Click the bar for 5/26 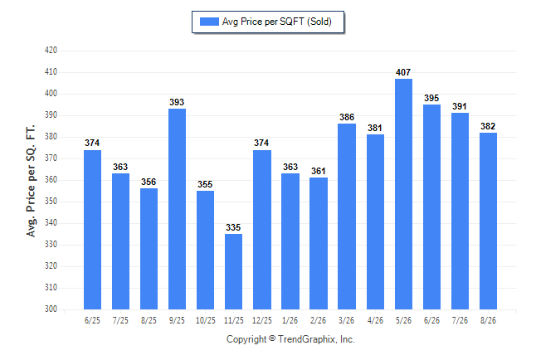(x=403, y=194)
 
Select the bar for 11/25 (x=233, y=271)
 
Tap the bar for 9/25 (x=177, y=209)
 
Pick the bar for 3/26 (x=347, y=216)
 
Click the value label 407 (x=403, y=72)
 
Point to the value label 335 (x=233, y=227)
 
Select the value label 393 (x=177, y=102)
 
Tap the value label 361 (x=319, y=171)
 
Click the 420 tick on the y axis (x=51, y=51)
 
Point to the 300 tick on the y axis (x=51, y=309)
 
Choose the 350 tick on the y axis (x=51, y=201)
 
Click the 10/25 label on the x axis (x=206, y=320)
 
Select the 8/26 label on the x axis (x=488, y=320)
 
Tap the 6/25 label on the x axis (x=92, y=320)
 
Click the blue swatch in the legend (x=209, y=22)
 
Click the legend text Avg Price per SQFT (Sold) (x=277, y=22)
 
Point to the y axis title (x=31, y=181)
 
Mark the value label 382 (x=488, y=126)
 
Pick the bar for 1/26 (x=290, y=241)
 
